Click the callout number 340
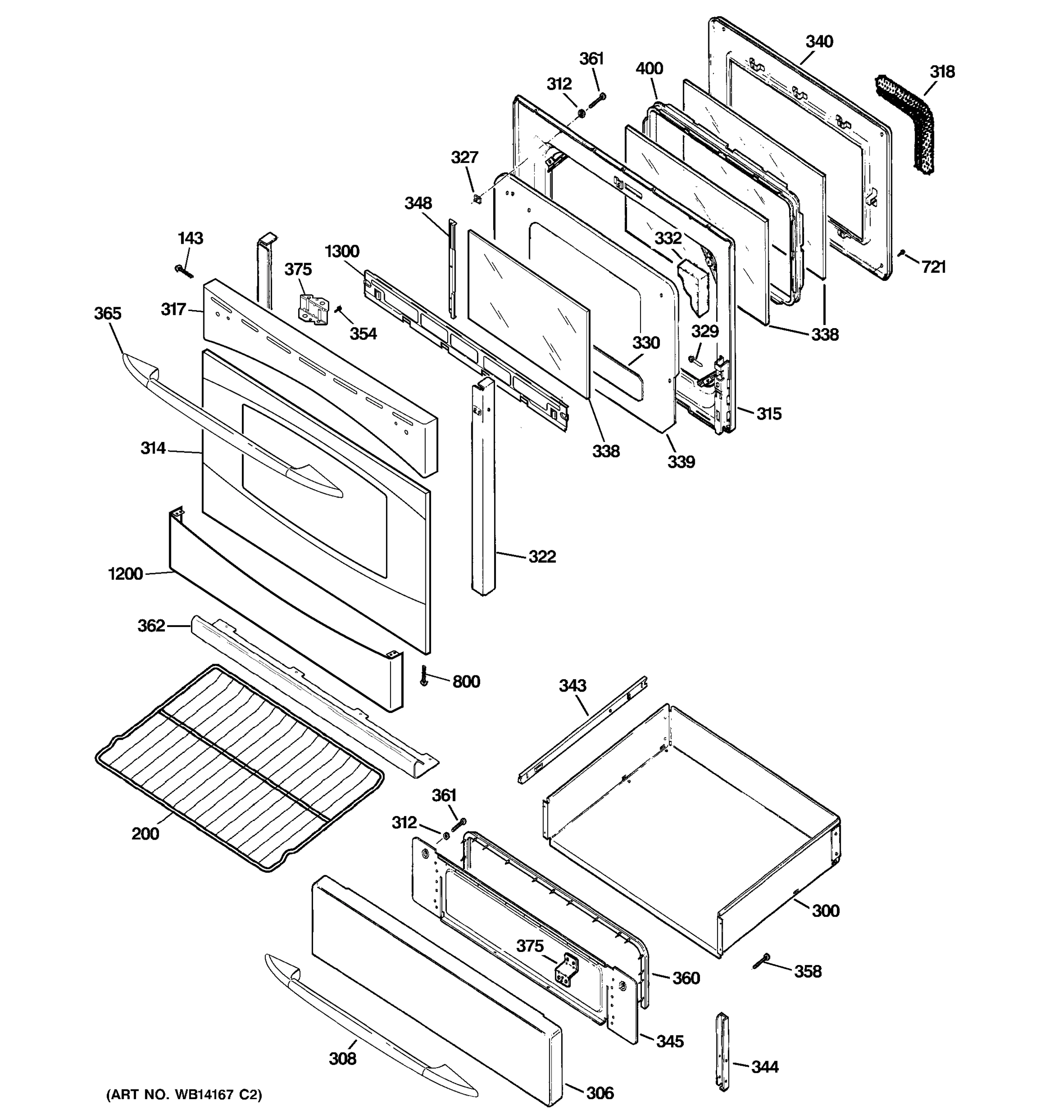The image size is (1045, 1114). tap(819, 41)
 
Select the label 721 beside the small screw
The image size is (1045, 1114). tap(934, 267)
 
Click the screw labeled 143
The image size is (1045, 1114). tap(185, 271)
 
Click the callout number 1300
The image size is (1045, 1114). tap(342, 251)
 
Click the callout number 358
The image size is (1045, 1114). tap(807, 971)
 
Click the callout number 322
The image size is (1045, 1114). tap(542, 557)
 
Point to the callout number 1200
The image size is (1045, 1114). tap(125, 573)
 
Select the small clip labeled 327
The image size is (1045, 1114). tap(477, 199)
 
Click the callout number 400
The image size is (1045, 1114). tap(649, 69)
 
